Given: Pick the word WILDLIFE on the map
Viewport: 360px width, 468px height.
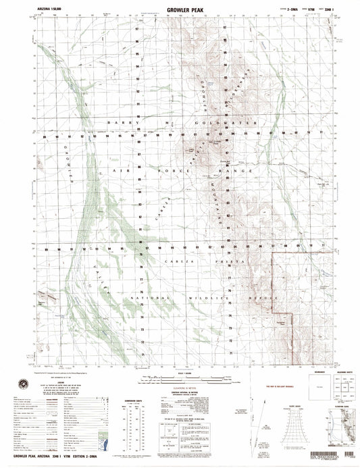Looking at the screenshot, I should [199, 298].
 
